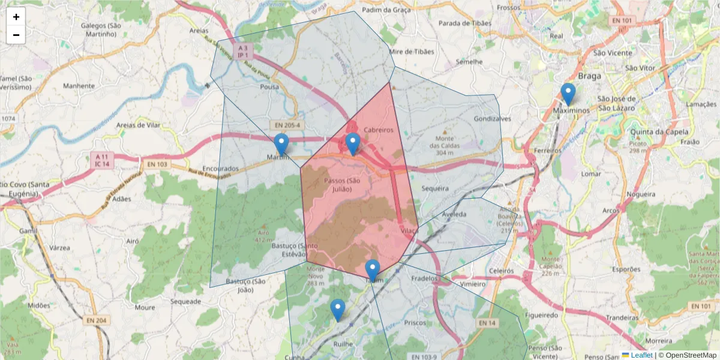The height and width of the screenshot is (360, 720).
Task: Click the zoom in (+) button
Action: click(16, 17)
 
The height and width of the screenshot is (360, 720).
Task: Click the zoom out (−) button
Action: click(16, 35)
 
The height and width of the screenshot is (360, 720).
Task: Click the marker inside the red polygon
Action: click(353, 145)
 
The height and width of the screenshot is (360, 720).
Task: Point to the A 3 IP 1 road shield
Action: click(243, 51)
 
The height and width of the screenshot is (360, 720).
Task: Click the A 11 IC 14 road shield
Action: click(100, 160)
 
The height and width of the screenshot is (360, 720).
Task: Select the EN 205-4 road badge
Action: click(287, 125)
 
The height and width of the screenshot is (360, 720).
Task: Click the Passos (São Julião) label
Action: click(341, 185)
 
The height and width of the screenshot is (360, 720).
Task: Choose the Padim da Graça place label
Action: click(386, 10)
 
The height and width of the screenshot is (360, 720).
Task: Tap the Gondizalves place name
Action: click(492, 119)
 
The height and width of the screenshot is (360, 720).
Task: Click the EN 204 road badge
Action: click(95, 320)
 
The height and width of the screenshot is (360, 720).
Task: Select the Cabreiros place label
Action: click(378, 130)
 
